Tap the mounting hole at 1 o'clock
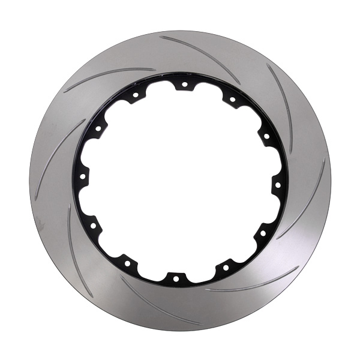(x=232, y=100)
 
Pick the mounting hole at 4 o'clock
(x=262, y=231)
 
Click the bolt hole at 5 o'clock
(x=226, y=264)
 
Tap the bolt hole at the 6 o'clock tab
(x=176, y=277)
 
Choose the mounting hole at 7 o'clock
(x=128, y=263)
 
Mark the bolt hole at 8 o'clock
(x=93, y=226)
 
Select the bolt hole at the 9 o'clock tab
(x=82, y=177)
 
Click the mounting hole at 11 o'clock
(x=135, y=95)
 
